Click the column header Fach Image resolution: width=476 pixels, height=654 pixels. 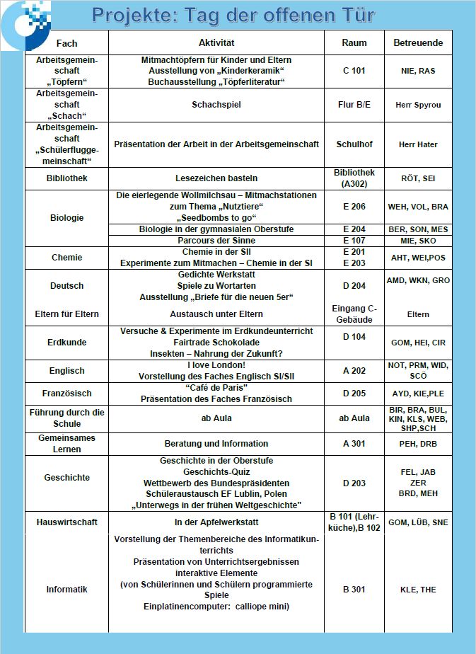(x=66, y=43)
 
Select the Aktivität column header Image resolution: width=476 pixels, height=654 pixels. (x=216, y=43)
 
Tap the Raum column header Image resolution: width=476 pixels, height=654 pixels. (x=354, y=43)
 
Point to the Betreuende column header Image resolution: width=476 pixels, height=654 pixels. (x=418, y=43)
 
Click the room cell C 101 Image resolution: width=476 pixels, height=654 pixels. (x=354, y=71)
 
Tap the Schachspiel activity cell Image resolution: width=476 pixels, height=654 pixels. (x=216, y=105)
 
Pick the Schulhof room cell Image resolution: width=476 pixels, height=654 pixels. (x=354, y=144)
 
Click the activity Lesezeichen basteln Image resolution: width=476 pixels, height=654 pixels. (x=216, y=178)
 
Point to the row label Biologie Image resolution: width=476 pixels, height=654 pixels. (x=66, y=217)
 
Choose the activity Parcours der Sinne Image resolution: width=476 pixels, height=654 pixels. (x=216, y=241)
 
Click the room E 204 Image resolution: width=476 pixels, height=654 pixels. (x=354, y=229)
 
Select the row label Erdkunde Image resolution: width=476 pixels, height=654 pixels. (x=66, y=342)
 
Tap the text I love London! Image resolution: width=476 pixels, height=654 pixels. (x=216, y=365)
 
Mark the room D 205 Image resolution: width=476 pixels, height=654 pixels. (x=354, y=393)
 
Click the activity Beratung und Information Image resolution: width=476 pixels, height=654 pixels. (x=216, y=444)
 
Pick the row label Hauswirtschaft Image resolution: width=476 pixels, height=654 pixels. (x=66, y=522)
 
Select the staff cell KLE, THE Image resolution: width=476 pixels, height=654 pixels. (x=418, y=590)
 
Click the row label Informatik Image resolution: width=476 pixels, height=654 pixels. (x=66, y=590)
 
